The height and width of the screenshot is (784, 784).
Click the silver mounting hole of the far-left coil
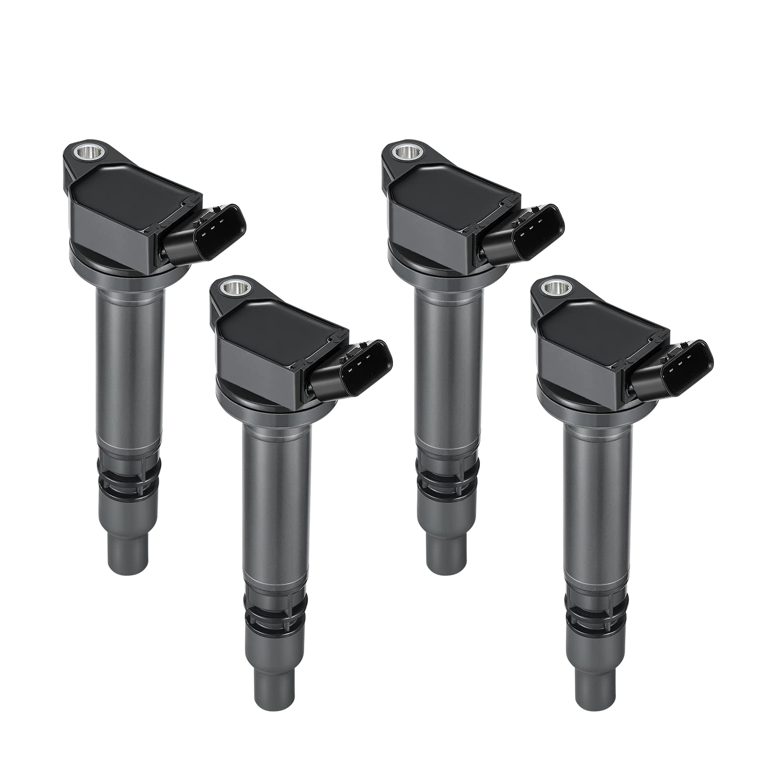(79, 150)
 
